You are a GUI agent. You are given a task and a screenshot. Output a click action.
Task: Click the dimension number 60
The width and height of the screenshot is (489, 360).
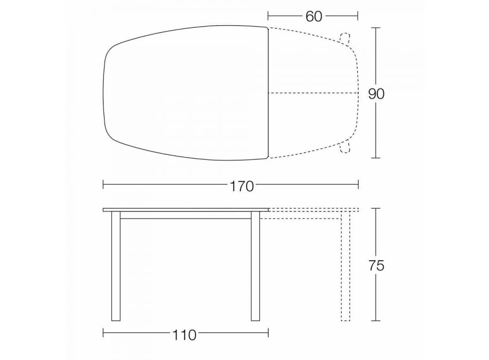[313, 16]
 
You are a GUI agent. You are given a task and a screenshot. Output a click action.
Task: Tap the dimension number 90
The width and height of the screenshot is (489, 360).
[376, 94]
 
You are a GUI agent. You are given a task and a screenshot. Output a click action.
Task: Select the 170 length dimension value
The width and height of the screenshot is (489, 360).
[242, 186]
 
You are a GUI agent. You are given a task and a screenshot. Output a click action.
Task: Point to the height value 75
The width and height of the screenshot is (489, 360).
[376, 265]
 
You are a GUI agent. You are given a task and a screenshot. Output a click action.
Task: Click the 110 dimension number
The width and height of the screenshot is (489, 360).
[184, 335]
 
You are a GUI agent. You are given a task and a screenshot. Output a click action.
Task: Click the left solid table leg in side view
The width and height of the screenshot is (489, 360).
[116, 266]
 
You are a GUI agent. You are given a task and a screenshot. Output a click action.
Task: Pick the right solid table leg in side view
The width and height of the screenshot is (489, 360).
[255, 266]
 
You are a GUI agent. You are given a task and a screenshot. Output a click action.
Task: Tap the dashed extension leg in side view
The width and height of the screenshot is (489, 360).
[345, 266]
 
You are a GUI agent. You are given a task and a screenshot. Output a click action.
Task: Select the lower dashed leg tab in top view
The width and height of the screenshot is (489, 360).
[345, 147]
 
